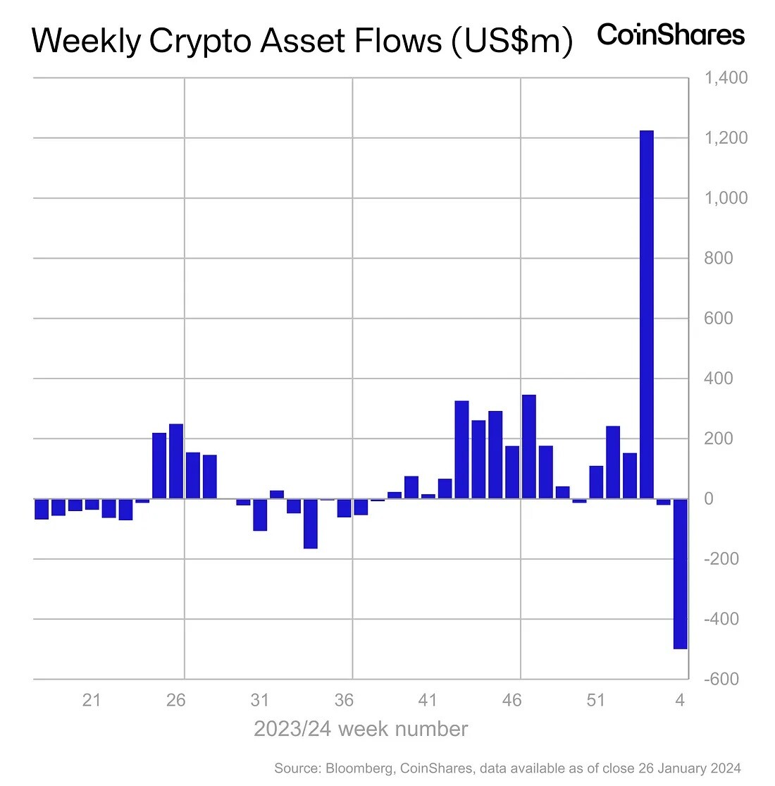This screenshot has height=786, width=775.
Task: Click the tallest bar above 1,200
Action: (x=646, y=314)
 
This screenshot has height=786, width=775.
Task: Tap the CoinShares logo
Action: (x=671, y=35)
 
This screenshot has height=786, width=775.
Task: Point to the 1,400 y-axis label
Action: (x=726, y=78)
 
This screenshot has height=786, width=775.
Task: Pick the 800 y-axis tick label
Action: (x=719, y=258)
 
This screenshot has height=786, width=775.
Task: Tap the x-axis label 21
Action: (x=92, y=700)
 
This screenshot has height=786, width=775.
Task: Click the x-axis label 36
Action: (x=344, y=700)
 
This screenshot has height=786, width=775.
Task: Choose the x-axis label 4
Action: (x=680, y=700)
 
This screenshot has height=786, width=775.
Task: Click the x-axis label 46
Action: (x=512, y=700)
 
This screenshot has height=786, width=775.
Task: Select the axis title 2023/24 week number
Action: (x=360, y=729)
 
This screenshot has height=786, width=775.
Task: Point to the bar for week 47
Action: (x=529, y=447)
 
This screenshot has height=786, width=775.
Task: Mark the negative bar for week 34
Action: (x=311, y=523)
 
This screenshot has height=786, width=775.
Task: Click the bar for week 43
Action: (x=461, y=450)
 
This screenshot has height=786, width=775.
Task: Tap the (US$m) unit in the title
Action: (x=512, y=41)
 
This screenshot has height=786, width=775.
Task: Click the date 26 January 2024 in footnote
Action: (x=689, y=768)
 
